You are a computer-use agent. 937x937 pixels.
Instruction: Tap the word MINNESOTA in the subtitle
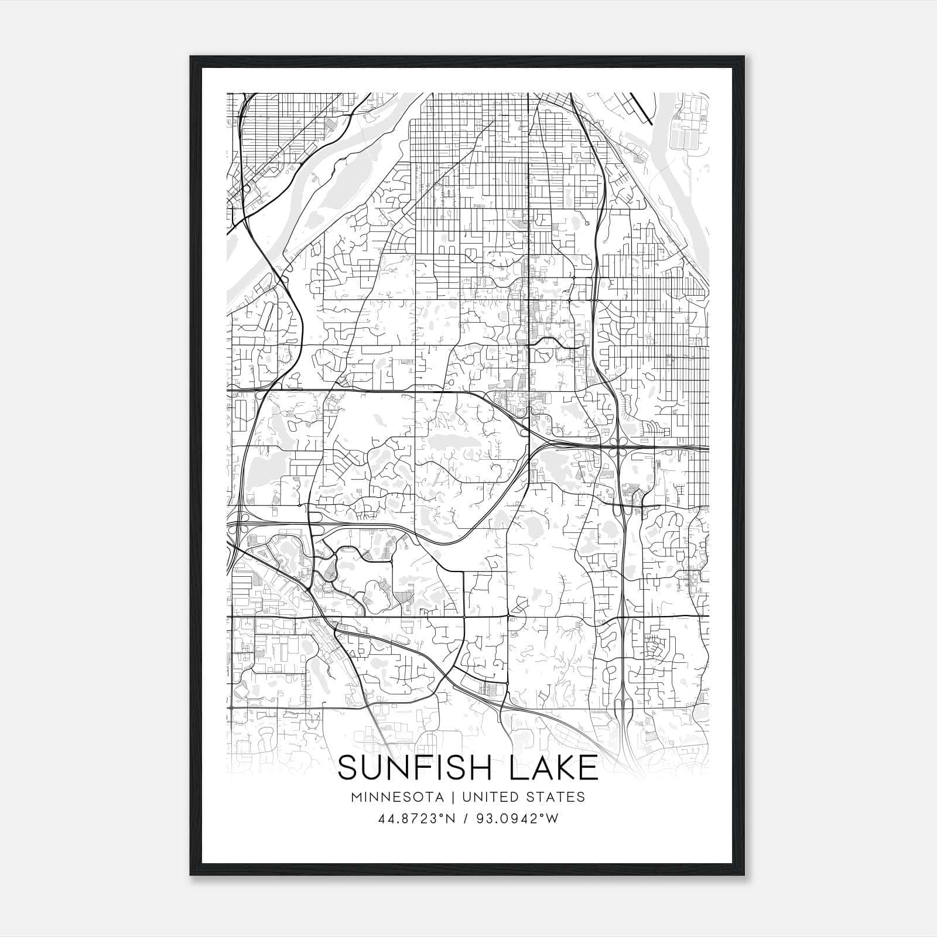tap(401, 797)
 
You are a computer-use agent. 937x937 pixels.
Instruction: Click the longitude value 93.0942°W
tap(516, 819)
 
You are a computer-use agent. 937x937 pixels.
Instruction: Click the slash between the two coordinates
tap(466, 819)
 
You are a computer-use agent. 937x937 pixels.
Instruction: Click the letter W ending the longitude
tap(552, 819)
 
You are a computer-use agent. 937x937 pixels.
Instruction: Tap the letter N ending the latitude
tap(450, 819)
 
